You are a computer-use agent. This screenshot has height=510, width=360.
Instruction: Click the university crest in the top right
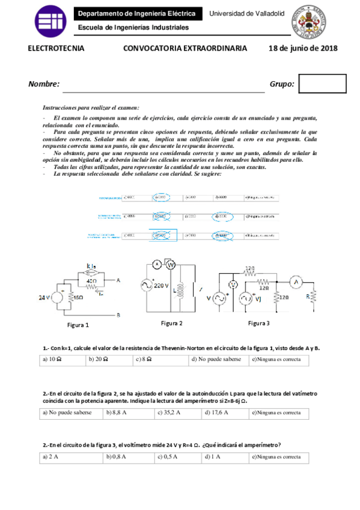coord(309,23)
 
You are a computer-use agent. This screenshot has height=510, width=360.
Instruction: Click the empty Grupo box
coord(322,84)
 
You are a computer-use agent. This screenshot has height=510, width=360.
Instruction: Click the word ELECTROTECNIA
coord(56,49)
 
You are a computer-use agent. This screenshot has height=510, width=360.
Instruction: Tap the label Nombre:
coord(44,84)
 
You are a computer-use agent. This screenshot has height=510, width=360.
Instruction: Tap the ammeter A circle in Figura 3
coord(296,281)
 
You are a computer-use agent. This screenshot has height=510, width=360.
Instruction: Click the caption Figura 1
coord(78,325)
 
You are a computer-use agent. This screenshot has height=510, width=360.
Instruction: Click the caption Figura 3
coord(259,323)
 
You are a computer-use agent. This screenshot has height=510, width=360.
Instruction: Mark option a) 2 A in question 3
coord(72,456)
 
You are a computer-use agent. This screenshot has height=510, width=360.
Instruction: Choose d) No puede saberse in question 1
coord(216,360)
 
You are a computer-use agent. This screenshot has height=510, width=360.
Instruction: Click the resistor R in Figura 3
coord(312,298)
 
